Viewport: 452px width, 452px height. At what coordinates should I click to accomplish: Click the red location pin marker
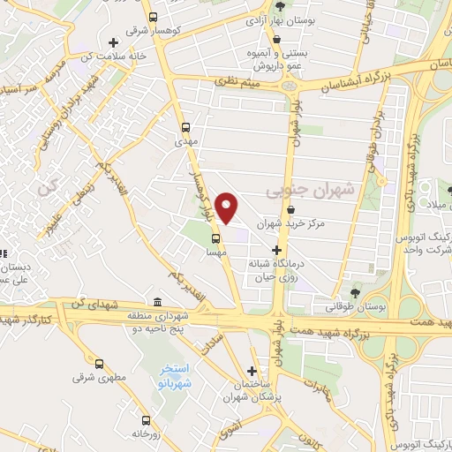coord(228,207)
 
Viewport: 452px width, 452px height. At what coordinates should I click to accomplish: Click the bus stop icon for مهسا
coord(215,237)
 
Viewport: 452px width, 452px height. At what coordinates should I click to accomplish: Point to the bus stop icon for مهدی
coord(185,126)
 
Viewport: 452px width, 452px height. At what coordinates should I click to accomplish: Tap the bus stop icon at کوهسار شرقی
coord(153,17)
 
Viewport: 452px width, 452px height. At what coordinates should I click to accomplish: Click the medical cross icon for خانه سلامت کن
coord(111,42)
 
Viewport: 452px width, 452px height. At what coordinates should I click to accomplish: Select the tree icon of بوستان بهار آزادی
coord(281,7)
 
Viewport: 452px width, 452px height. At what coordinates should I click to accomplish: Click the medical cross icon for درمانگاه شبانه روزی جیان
coord(276,251)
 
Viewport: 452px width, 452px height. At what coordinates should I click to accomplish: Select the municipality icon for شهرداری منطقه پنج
coord(157,303)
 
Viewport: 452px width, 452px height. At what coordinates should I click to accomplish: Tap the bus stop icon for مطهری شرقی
coord(98,363)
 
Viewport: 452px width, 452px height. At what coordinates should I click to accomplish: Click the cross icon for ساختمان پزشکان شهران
coord(253,372)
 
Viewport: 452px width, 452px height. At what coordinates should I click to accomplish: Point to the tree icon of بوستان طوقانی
coord(356,292)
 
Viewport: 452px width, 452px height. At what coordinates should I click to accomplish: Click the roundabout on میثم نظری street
coord(290,86)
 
